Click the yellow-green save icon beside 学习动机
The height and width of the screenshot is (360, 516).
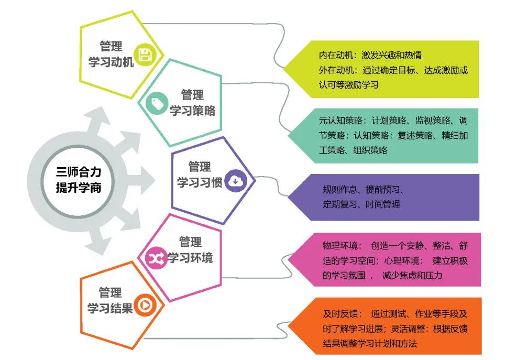click(x=144, y=54)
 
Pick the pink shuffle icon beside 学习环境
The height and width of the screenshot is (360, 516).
click(x=156, y=258)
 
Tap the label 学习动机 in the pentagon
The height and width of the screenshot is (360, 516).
click(x=110, y=61)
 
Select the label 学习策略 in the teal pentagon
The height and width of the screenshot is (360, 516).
click(x=192, y=111)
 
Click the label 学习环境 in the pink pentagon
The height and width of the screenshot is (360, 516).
click(x=190, y=258)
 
